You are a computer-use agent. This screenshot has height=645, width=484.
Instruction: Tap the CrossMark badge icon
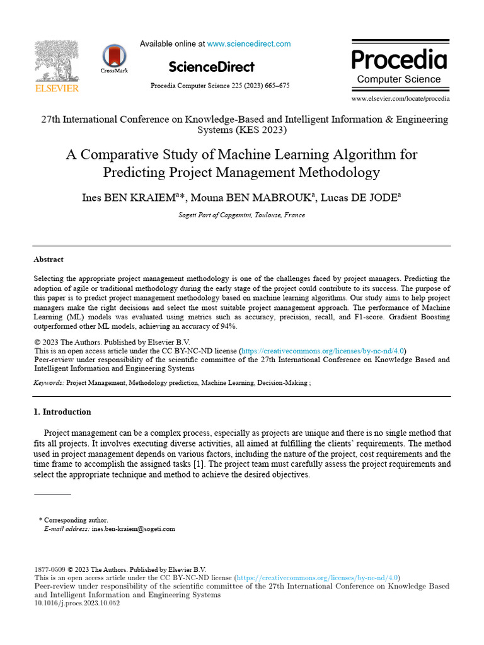(x=114, y=57)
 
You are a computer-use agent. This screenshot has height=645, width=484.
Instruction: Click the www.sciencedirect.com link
(x=249, y=44)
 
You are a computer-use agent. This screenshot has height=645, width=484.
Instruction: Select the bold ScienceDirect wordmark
(x=212, y=67)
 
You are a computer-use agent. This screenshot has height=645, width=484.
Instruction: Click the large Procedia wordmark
(x=399, y=60)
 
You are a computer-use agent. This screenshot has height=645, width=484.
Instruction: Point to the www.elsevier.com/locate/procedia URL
(x=400, y=99)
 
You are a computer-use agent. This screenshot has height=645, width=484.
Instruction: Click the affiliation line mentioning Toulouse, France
(x=241, y=215)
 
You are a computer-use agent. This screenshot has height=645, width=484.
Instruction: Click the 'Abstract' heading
(x=49, y=260)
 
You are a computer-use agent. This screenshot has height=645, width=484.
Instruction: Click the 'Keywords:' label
(x=49, y=383)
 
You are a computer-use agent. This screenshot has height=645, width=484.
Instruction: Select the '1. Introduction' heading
(x=62, y=412)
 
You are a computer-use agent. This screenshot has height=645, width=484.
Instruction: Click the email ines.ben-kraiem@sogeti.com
(x=133, y=530)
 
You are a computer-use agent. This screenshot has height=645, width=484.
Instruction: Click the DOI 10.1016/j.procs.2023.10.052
(x=76, y=603)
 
